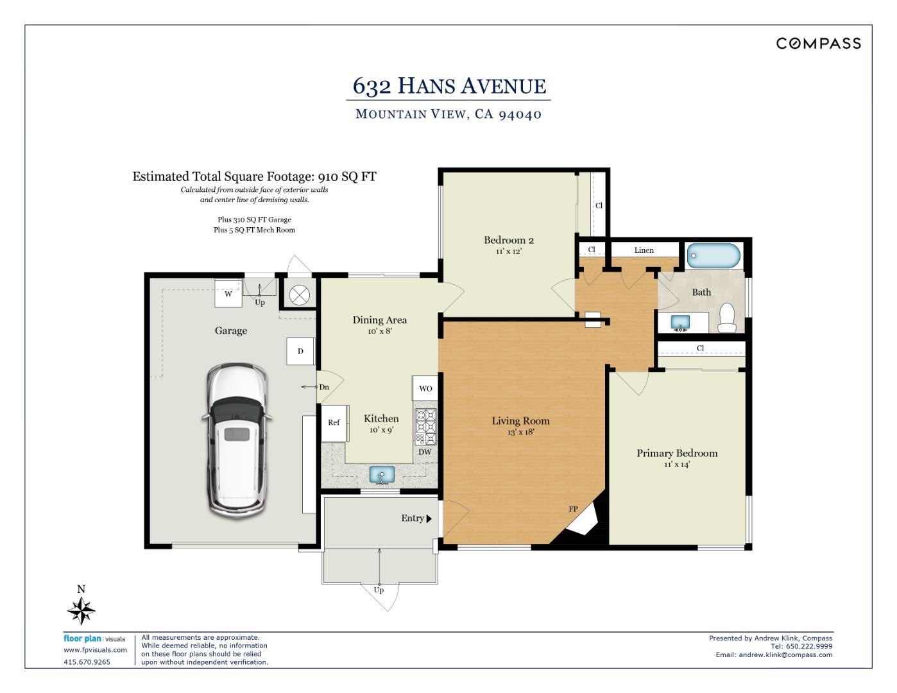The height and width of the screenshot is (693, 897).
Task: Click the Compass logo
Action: (x=818, y=44)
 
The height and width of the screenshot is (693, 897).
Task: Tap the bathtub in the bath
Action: (x=713, y=255)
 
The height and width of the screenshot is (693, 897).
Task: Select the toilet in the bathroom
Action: (x=727, y=318)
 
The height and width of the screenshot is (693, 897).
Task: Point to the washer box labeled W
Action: (x=228, y=293)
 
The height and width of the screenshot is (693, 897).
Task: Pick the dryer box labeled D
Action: (x=300, y=351)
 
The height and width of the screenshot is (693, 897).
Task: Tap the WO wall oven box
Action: (x=425, y=388)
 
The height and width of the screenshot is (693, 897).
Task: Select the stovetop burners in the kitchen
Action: (x=425, y=427)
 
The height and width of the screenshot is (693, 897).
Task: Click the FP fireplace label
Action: (x=573, y=509)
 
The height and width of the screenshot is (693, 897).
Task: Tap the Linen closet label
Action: (x=644, y=250)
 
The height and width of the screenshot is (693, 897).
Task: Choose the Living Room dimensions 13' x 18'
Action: (x=520, y=432)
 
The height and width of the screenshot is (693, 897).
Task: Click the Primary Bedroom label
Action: (x=677, y=453)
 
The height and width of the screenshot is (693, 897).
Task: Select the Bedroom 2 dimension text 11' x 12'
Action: (x=509, y=252)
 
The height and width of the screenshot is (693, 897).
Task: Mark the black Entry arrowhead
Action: (x=429, y=519)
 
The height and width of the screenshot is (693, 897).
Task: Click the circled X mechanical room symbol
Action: (x=299, y=296)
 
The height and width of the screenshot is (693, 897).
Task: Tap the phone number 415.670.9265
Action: (x=87, y=662)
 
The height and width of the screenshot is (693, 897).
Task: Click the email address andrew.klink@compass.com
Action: (x=785, y=654)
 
